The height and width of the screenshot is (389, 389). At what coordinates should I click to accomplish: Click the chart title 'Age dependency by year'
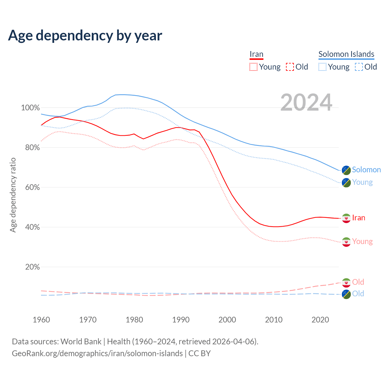point(85,36)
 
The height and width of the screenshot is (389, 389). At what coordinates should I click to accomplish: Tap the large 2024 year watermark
point(306,102)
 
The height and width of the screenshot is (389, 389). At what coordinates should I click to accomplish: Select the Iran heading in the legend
point(256,54)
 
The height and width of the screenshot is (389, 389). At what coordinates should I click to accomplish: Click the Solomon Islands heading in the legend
point(346,54)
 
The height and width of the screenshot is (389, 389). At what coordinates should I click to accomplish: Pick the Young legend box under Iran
point(253,67)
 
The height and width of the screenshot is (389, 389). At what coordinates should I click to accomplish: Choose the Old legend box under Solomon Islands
point(359,67)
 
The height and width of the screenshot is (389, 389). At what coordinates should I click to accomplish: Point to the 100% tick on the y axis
point(30,108)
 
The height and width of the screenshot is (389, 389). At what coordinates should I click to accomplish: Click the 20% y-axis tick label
point(33,267)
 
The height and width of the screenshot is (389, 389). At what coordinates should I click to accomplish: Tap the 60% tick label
point(33,188)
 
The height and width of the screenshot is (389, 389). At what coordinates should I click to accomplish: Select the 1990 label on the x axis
point(181,320)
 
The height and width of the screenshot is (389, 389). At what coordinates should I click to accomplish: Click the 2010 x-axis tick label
point(274,320)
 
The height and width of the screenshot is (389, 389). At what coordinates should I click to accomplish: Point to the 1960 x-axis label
point(41,320)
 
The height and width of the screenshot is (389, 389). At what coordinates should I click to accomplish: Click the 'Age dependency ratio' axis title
point(13,195)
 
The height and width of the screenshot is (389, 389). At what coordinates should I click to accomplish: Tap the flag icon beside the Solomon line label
point(346,170)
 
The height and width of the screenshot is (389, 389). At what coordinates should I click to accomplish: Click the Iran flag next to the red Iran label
point(346,218)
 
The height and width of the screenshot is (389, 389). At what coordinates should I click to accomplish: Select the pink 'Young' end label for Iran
point(362,242)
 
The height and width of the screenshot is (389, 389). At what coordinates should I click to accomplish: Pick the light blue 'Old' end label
point(358,294)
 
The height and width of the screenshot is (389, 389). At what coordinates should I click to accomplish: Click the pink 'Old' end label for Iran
point(358,282)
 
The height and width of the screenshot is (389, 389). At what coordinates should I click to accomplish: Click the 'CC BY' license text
point(199,353)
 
